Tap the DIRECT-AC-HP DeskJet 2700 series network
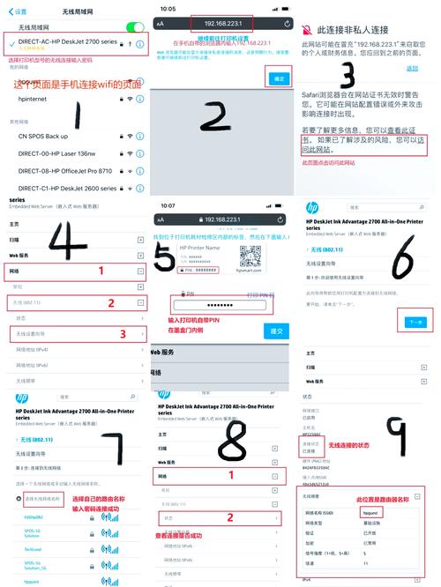tap(66, 42)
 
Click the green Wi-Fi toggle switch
tap(134, 27)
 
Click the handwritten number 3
tap(348, 75)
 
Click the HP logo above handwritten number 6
tap(311, 208)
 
